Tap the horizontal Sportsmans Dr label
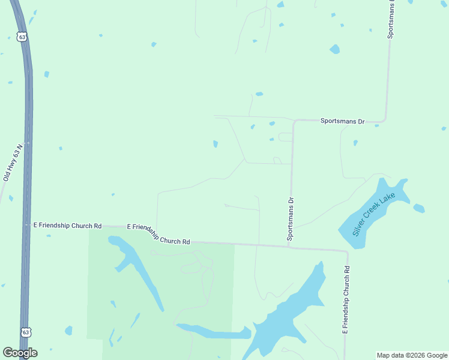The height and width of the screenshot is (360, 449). tap(342, 121)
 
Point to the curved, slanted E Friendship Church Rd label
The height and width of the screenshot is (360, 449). tap(158, 234)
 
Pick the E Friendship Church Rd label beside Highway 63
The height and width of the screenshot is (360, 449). tap(67, 226)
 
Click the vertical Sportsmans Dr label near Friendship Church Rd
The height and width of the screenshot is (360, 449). tap(291, 220)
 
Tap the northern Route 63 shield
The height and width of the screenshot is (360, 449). tap(22, 37)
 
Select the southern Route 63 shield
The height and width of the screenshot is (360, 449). tap(25, 331)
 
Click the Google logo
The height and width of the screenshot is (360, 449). tap(20, 353)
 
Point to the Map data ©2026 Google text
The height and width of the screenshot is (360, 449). tap(412, 355)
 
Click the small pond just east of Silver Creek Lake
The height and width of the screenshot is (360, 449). tap(419, 209)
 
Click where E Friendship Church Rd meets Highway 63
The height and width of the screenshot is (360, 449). tap(27, 225)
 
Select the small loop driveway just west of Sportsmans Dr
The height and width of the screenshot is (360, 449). tap(285, 137)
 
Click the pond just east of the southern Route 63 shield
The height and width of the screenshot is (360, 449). tap(68, 331)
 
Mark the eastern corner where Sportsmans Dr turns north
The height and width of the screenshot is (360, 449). tap(385, 120)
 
